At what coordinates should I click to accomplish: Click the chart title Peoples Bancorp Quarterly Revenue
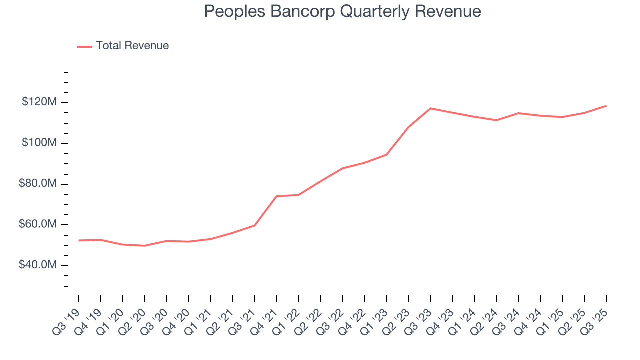(x=342, y=12)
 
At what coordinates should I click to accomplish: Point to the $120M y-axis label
(x=39, y=102)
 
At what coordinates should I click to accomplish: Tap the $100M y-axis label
(x=39, y=143)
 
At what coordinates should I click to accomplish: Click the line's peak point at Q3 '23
(x=430, y=108)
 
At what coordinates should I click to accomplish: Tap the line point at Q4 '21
(x=276, y=196)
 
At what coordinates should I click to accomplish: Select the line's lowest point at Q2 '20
(x=145, y=246)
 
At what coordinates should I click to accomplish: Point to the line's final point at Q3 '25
(x=606, y=106)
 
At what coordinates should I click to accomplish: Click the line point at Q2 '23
(x=408, y=127)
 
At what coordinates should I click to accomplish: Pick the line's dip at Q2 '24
(x=496, y=120)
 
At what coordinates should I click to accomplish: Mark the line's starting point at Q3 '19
(x=79, y=240)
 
